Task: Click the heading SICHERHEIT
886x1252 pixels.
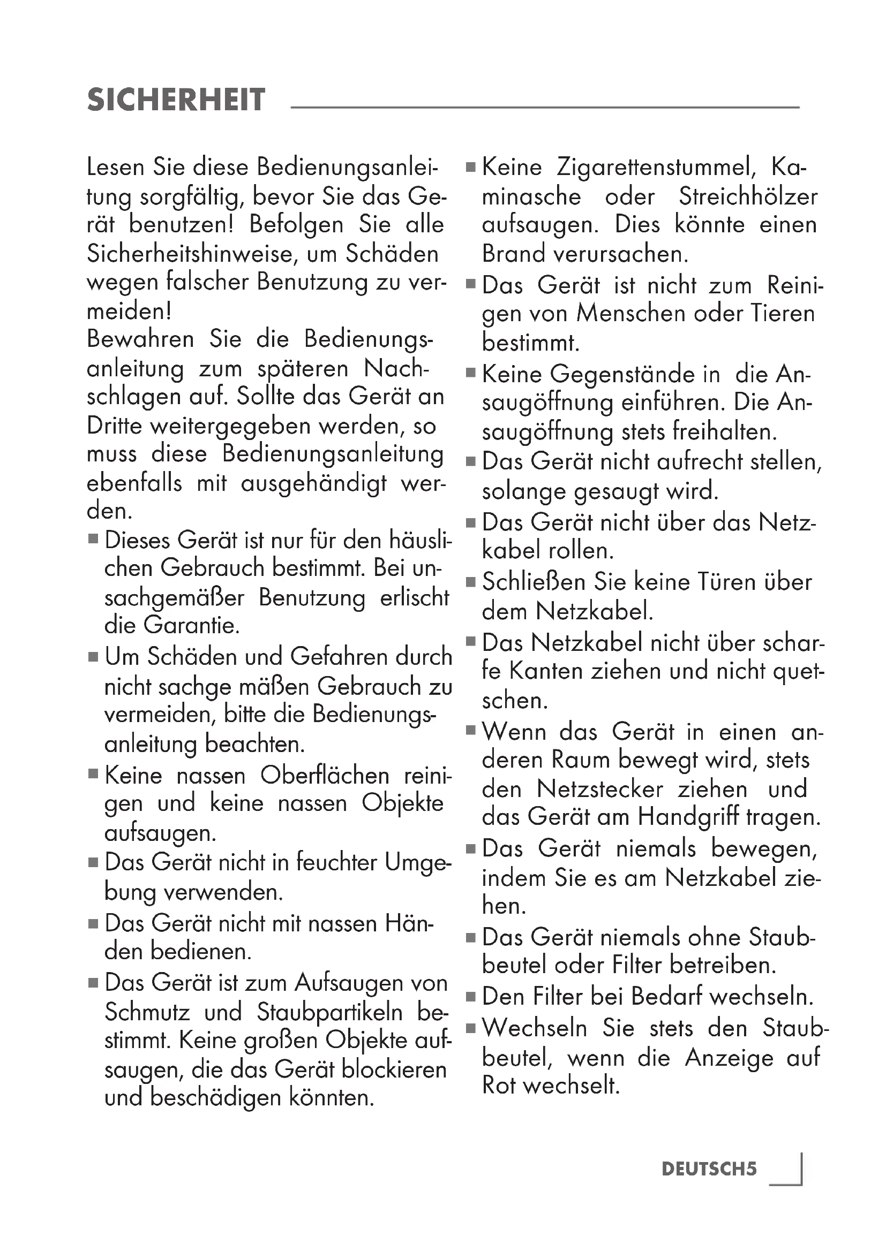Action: [x=176, y=100]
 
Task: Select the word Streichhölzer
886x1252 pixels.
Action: [x=748, y=196]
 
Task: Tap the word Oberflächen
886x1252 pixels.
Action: [x=325, y=775]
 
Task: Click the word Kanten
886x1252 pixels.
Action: [x=546, y=671]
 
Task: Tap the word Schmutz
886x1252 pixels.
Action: [x=147, y=1013]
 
